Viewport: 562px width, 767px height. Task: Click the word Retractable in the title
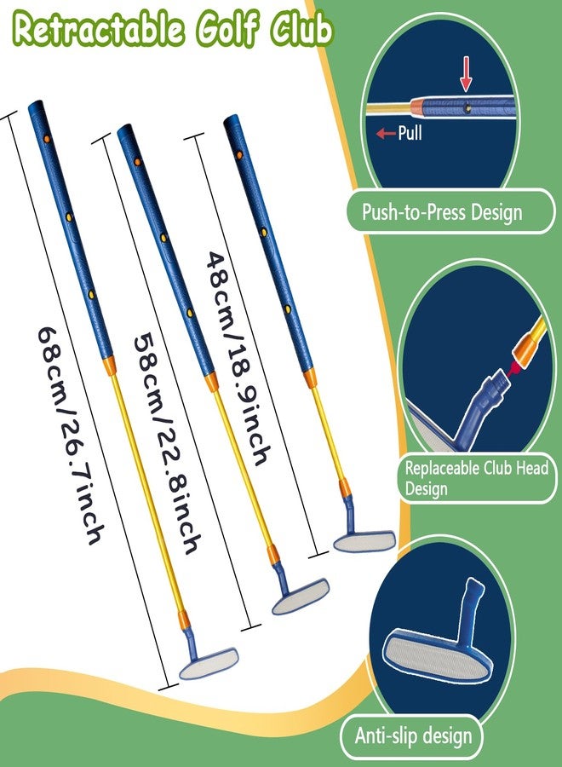coord(99,29)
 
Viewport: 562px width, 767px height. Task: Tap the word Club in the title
coord(302,29)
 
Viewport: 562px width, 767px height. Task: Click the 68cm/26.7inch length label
coord(71,435)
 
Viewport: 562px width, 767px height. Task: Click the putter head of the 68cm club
coord(209,662)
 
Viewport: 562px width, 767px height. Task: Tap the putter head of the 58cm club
coord(300,596)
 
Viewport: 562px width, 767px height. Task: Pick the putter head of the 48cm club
coord(364,541)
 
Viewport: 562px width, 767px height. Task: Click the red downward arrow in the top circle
coord(467,74)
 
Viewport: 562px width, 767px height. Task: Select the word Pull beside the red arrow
coord(410,133)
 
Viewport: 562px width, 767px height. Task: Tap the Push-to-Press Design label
coord(442,212)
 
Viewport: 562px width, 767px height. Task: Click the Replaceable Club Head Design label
coord(477,478)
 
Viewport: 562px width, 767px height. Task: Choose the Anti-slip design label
coord(414,735)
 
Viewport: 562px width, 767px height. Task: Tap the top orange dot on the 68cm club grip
coord(47,139)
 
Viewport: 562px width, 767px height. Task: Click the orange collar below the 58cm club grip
coord(211,381)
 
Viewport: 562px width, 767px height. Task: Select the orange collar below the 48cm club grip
coord(310,378)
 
